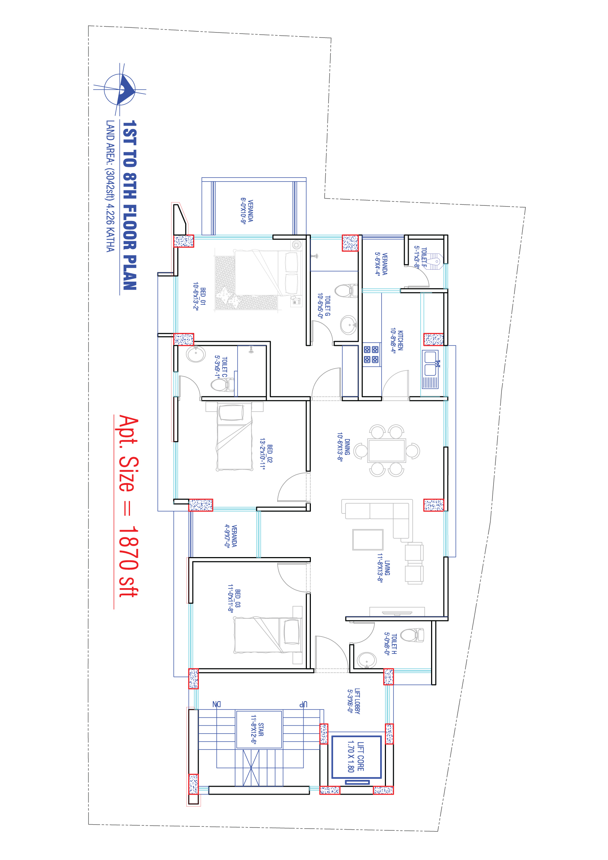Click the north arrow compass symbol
[x=120, y=90]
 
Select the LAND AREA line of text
[x=110, y=186]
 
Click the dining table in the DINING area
[x=387, y=450]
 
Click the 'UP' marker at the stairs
[x=303, y=704]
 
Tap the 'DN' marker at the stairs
[x=217, y=704]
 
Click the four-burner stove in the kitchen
[x=371, y=355]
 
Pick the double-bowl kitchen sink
[x=430, y=363]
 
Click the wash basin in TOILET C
[x=196, y=353]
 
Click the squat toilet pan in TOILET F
[x=435, y=261]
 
